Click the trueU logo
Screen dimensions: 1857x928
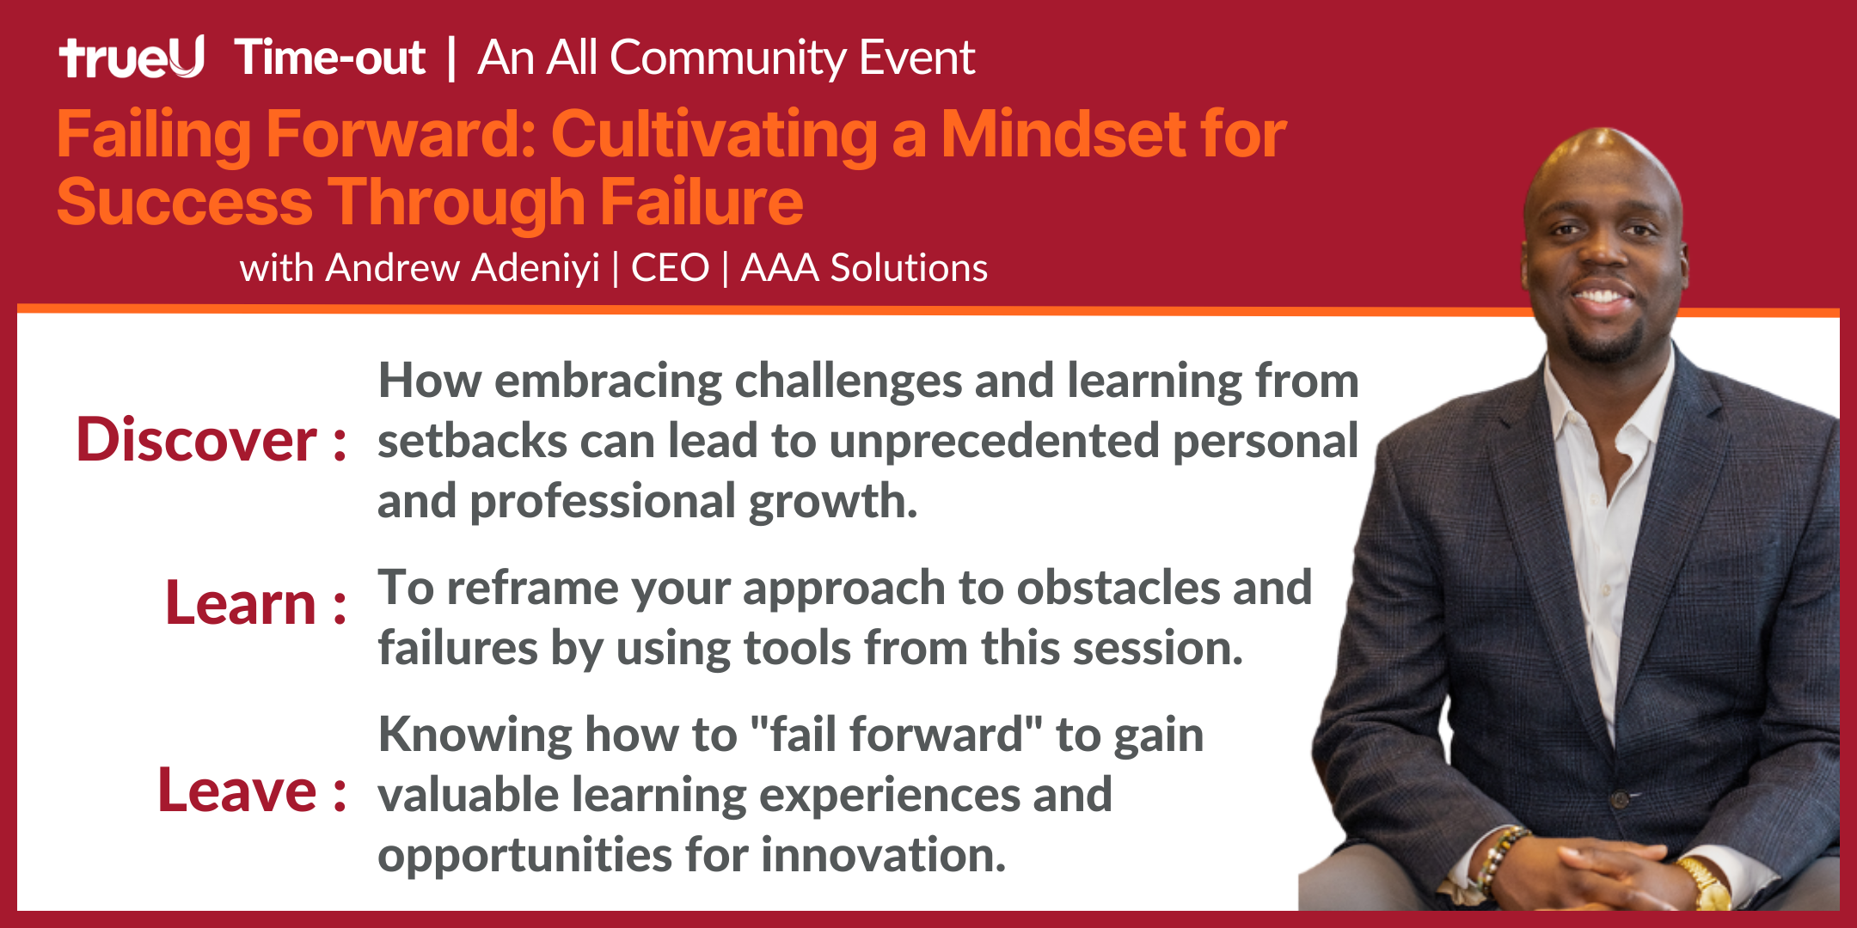click(132, 58)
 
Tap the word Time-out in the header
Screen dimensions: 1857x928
click(330, 58)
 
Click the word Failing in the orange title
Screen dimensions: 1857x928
click(154, 136)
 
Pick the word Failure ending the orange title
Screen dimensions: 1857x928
click(702, 202)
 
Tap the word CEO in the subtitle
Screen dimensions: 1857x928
click(671, 268)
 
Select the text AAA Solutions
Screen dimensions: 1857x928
click(865, 268)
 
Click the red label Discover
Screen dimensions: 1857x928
click(197, 440)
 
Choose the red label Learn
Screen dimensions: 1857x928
click(242, 603)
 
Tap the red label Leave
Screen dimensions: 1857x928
click(238, 791)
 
